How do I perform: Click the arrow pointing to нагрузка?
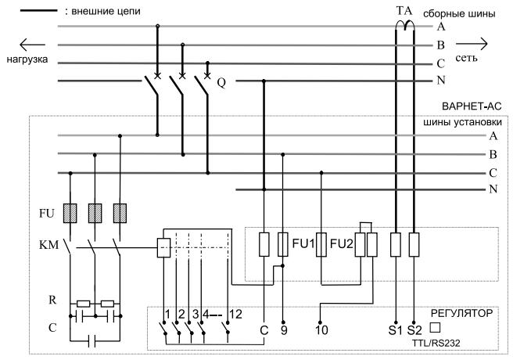point(32,45)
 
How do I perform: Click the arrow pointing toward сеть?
point(472,44)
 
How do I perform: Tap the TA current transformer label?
point(405,10)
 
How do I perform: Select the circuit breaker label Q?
point(221,82)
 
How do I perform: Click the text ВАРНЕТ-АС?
point(472,106)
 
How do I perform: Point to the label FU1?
point(303,243)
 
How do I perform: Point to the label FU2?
point(342,243)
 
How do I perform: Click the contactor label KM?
point(48,244)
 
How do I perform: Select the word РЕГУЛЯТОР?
point(461,313)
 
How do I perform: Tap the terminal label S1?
point(395,330)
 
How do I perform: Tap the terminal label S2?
point(414,330)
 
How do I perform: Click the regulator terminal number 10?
point(321,330)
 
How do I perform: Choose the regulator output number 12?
point(236,315)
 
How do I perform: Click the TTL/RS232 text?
point(436,343)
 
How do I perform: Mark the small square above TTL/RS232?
point(435,328)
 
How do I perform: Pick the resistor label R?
point(52,300)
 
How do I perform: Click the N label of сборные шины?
point(441,80)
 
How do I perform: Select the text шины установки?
point(462,122)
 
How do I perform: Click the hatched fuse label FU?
point(46,214)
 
